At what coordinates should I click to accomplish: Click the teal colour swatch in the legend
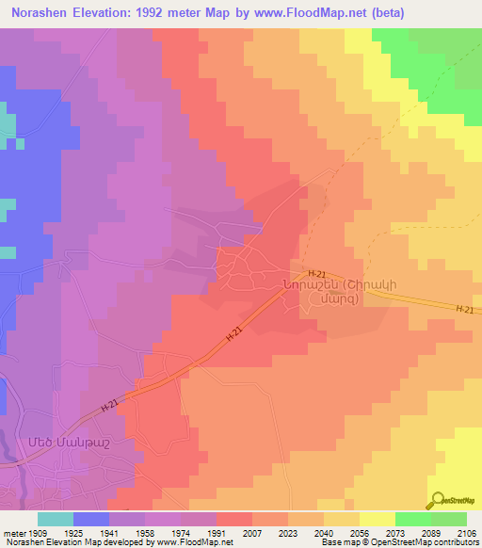56,519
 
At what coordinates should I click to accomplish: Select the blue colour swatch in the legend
91,519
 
